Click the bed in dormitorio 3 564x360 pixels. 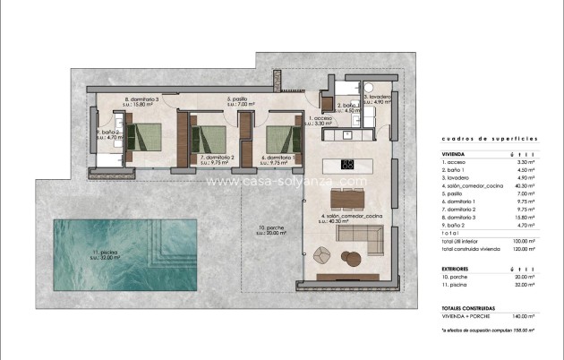click(141, 135)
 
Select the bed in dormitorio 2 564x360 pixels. click(213, 139)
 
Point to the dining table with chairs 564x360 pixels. click(350, 198)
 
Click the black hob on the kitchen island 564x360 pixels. click(349, 164)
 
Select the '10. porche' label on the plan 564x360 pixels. click(270, 230)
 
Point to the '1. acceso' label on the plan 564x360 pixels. click(320, 120)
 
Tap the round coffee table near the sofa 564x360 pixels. click(351, 259)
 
